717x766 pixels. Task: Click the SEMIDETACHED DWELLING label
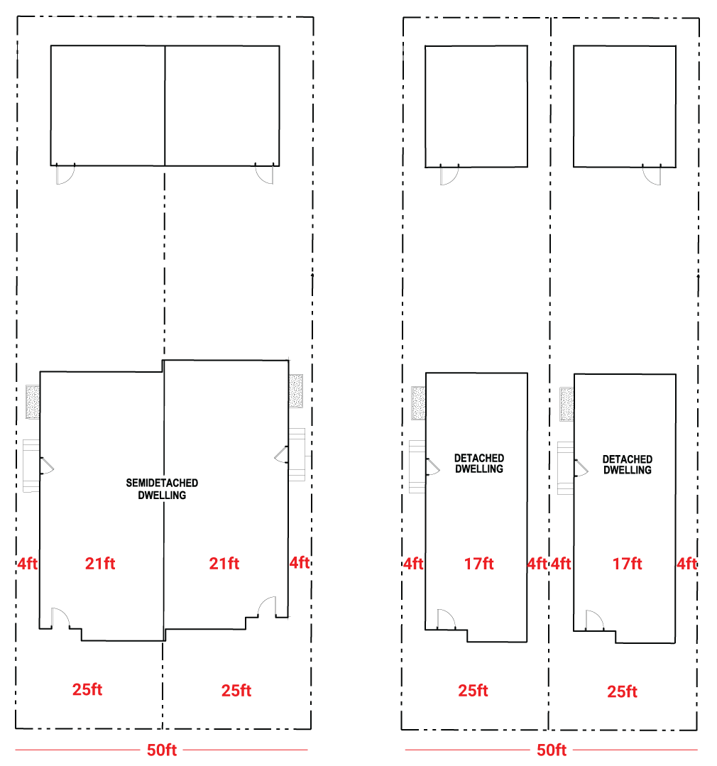162,489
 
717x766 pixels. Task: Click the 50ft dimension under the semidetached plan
162,750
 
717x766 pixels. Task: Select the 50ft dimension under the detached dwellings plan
552,750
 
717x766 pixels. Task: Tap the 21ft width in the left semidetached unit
100,563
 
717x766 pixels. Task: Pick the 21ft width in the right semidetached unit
224,563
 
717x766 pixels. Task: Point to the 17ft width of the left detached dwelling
478,564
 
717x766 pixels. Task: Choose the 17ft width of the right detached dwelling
627,564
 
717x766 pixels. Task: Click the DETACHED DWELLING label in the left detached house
479,464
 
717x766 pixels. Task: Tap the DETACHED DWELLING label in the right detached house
628,464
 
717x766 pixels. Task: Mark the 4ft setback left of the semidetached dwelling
28,563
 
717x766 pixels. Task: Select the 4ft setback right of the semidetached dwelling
300,562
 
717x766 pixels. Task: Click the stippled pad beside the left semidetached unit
33,402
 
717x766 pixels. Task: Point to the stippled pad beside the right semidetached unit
296,391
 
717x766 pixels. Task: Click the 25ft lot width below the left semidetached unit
87,689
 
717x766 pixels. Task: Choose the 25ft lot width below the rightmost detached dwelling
623,691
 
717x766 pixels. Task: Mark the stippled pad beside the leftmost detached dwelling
419,403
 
